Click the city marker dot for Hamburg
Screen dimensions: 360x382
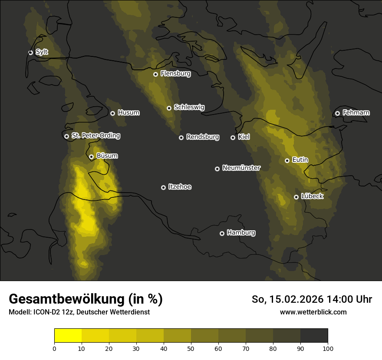tap(222, 233)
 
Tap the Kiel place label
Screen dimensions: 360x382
tap(244, 137)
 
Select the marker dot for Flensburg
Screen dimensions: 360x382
tap(155, 74)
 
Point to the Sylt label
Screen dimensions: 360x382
tap(42, 52)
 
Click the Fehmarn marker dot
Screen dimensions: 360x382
tap(337, 113)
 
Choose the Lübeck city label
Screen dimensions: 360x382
tap(312, 196)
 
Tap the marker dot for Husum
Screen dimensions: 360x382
tap(112, 113)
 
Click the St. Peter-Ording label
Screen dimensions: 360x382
tap(95, 136)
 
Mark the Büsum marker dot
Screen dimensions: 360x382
tap(91, 157)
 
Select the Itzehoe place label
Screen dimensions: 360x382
tap(180, 187)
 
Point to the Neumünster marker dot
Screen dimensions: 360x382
tap(217, 169)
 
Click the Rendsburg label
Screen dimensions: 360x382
tap(203, 137)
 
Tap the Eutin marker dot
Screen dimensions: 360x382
tap(287, 160)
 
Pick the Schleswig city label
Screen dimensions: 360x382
tap(189, 107)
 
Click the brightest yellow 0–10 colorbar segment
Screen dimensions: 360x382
tap(68, 336)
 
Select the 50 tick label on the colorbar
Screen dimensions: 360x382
tap(191, 348)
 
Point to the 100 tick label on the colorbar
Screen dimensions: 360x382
tap(328, 348)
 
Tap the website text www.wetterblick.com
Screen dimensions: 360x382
tap(313, 312)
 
